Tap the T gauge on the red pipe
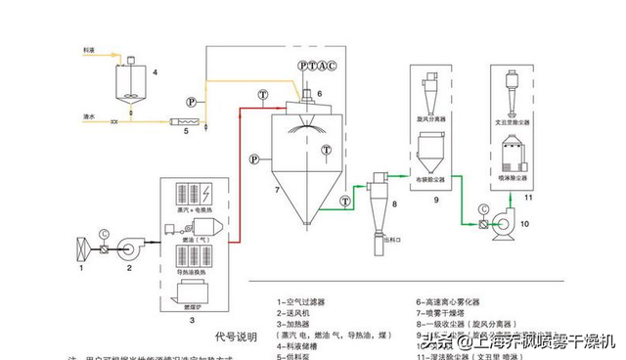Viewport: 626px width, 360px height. (x=263, y=94)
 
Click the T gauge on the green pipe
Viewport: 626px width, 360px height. (x=343, y=202)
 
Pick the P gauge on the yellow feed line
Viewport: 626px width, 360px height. (x=193, y=100)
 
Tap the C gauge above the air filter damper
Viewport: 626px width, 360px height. (x=104, y=231)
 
